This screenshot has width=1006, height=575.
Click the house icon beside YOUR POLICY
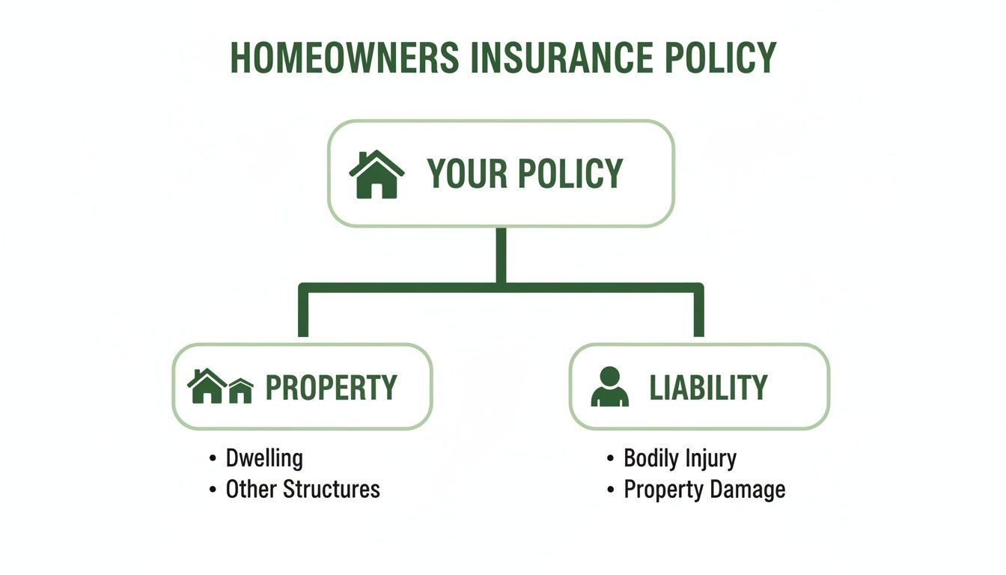377,174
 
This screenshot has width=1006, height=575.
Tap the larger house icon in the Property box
206,386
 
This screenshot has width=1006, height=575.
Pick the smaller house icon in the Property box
240,391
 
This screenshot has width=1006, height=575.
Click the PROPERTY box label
331,388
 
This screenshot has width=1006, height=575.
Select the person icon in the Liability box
610,387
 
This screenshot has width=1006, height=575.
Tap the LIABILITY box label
708,388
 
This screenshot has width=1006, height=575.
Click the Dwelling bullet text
264,458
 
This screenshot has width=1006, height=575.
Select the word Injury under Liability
713,459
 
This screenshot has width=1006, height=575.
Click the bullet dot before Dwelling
213,458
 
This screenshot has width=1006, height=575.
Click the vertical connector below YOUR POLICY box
501,255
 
